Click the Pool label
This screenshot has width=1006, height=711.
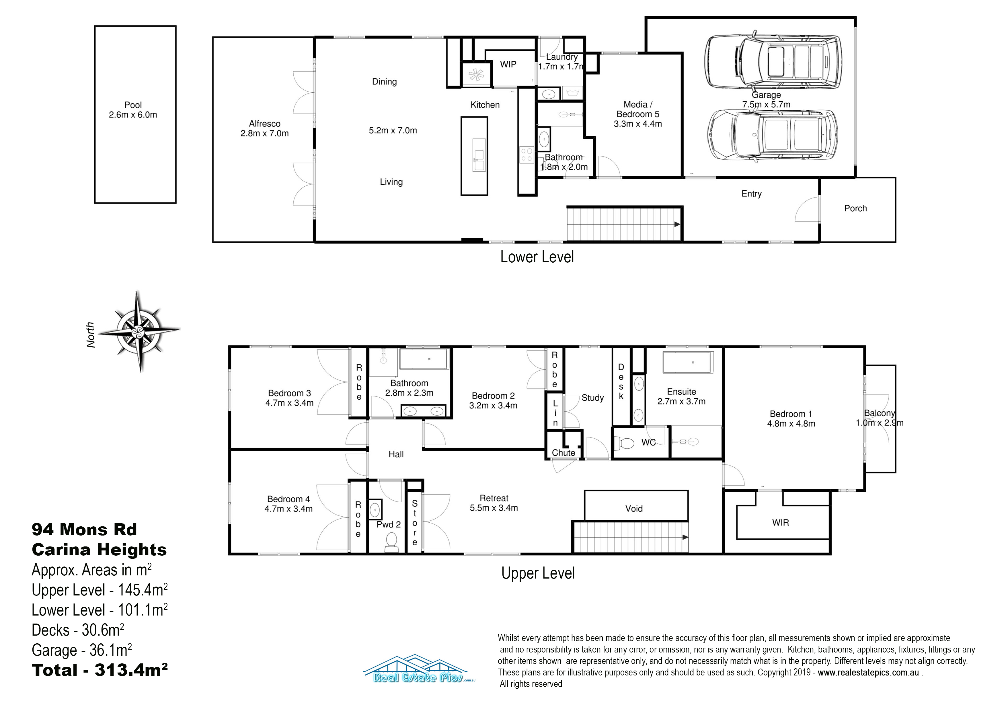(x=133, y=105)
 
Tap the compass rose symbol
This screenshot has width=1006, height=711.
(x=139, y=331)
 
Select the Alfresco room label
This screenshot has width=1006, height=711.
(x=265, y=124)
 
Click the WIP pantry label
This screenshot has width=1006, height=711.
(x=508, y=65)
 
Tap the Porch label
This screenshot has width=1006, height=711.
(x=855, y=208)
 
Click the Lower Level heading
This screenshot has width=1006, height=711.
(x=537, y=257)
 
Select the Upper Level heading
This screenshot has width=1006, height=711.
(x=538, y=573)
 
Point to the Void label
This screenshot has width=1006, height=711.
(x=634, y=509)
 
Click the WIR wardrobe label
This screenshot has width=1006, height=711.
(x=780, y=523)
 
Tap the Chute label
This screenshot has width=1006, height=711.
(x=564, y=453)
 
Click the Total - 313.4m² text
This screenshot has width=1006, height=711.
(x=100, y=670)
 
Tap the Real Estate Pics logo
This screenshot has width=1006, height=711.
(x=419, y=669)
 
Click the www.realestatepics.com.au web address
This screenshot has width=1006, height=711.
(x=868, y=673)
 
